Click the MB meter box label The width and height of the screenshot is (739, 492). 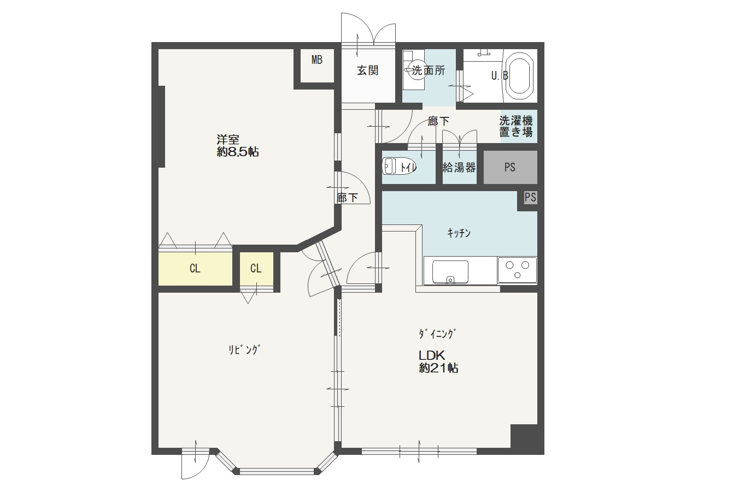316,60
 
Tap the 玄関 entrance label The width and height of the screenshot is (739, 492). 367,70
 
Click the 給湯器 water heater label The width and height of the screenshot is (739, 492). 459,168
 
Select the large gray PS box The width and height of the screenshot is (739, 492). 511,167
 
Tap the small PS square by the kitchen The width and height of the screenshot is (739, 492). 530,197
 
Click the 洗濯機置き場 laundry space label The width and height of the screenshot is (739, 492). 516,126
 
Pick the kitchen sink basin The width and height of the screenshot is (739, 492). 450,271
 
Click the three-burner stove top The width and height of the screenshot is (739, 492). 517,270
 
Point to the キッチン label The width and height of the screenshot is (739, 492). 459,233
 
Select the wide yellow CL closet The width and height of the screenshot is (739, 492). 195,269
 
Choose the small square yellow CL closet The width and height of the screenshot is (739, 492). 256,269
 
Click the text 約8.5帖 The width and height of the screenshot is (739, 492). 238,152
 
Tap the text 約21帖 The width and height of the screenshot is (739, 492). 438,367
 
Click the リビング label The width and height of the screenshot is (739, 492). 244,349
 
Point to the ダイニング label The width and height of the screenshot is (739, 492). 437,334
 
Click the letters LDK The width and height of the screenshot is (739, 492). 432,355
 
